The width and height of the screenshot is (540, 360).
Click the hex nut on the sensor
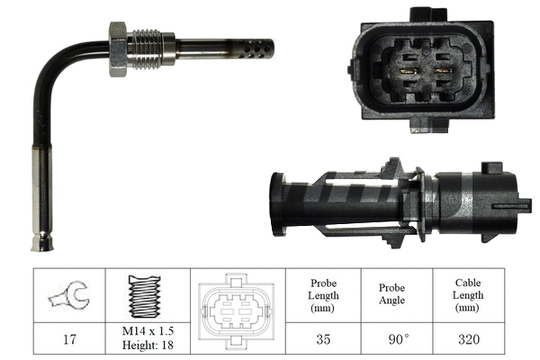[x=118, y=49]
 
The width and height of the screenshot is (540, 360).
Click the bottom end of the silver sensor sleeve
[x=41, y=242]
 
